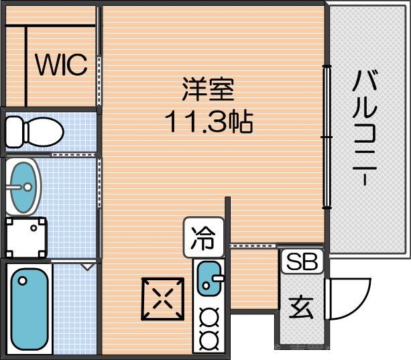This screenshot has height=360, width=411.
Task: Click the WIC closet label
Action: pyautogui.click(x=61, y=65)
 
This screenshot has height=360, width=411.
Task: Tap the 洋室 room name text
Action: pyautogui.click(x=208, y=89)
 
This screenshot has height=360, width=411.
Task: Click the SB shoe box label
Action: pyautogui.click(x=301, y=261)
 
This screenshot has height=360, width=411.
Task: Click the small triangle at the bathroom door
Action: pyautogui.click(x=86, y=267)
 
